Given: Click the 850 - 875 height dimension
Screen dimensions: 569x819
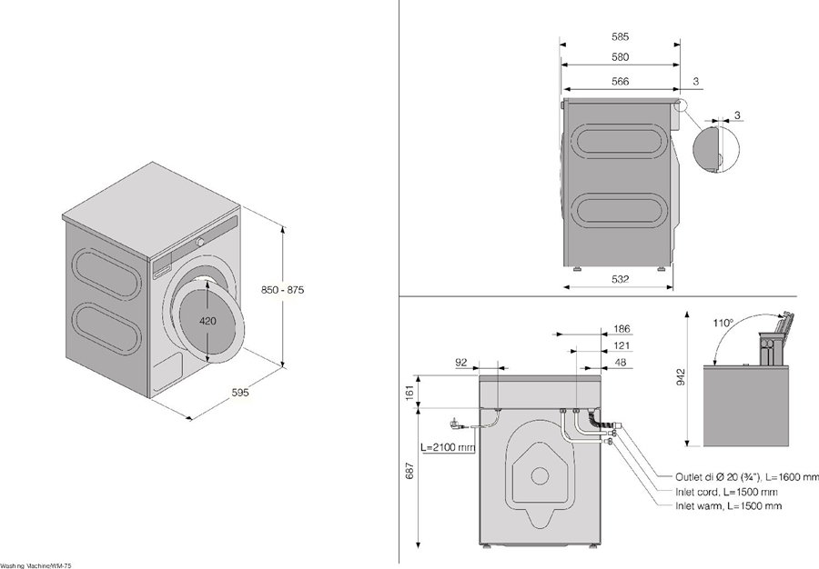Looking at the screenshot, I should tap(283, 289).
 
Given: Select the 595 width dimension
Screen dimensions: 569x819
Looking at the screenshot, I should tap(240, 393).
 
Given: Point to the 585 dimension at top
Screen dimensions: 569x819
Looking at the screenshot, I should tap(621, 37).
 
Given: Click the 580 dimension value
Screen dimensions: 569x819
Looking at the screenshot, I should tap(621, 58).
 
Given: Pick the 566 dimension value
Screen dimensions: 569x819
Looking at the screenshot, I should tap(621, 82).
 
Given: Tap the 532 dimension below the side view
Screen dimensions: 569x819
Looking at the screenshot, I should tap(620, 279).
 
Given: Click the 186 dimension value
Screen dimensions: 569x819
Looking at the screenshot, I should tap(622, 328).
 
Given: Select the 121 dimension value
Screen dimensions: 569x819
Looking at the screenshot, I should tap(622, 345).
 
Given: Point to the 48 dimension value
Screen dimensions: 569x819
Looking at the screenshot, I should tap(622, 362).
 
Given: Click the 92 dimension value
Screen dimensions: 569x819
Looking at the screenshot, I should tap(461, 362).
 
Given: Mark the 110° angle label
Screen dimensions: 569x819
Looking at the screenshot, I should tap(724, 322).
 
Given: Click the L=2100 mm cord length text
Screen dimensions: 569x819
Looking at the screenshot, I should tap(448, 447).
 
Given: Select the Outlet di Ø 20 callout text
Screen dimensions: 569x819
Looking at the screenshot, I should tap(746, 477).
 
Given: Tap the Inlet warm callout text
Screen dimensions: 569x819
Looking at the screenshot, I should tap(727, 505).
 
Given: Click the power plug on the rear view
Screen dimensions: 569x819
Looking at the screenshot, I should tap(454, 423).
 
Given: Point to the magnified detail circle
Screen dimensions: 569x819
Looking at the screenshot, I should tap(715, 148).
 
